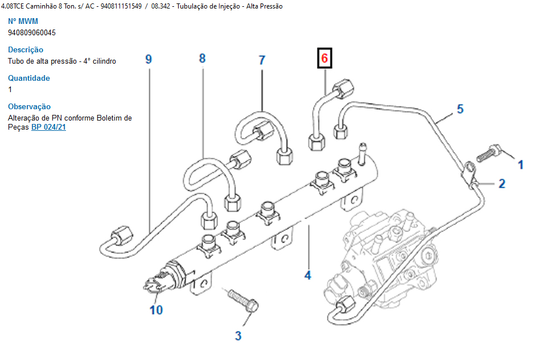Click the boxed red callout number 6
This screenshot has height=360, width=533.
point(324,58)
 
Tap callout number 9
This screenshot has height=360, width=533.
point(148,59)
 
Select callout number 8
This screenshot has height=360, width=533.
point(202,58)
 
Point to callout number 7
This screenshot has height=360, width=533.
point(262,60)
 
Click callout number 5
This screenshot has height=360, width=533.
point(460,109)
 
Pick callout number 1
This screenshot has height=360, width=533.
point(520,165)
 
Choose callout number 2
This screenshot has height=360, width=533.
point(501,183)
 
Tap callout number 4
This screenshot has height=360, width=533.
point(308,275)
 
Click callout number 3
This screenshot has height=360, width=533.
point(238,336)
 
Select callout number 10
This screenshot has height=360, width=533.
point(156,309)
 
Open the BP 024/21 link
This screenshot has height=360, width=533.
point(48,127)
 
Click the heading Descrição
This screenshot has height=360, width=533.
point(26,49)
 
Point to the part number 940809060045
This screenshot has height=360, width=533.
point(32,32)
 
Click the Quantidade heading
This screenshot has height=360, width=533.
point(29,78)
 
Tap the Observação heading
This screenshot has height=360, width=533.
point(29,106)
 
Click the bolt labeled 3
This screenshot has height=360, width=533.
point(243,300)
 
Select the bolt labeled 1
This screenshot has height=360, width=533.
point(487,153)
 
